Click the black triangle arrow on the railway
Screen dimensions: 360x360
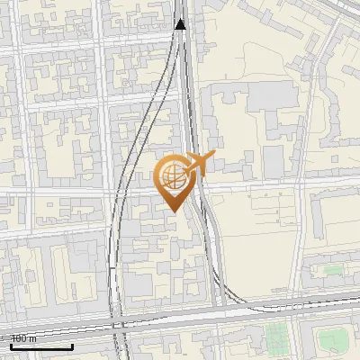click(181, 23)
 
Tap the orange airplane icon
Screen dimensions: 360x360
click(197, 163)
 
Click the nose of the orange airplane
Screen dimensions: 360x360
click(211, 157)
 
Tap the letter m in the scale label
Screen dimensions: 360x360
click(33, 338)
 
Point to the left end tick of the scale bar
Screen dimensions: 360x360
click(10, 346)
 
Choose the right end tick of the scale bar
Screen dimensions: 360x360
click(72, 346)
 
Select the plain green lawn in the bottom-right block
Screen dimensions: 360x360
click(332, 339)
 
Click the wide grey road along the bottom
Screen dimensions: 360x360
click(270, 310)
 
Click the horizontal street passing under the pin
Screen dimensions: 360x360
click(90, 192)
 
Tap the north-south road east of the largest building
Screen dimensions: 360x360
click(306, 135)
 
